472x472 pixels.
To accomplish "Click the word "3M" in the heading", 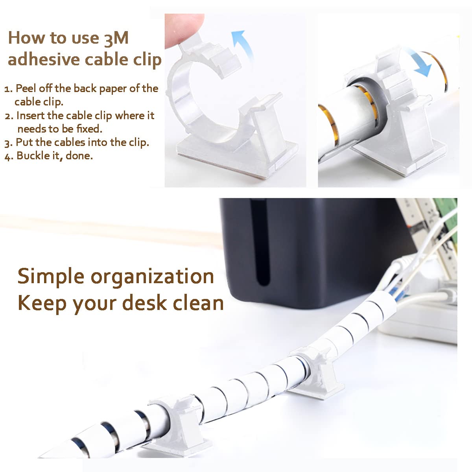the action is coord(116,39).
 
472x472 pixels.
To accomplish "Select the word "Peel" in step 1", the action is coord(26,88).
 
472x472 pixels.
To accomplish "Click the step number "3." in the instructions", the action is coord(9,143).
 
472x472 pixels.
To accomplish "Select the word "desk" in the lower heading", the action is coord(144,303).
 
